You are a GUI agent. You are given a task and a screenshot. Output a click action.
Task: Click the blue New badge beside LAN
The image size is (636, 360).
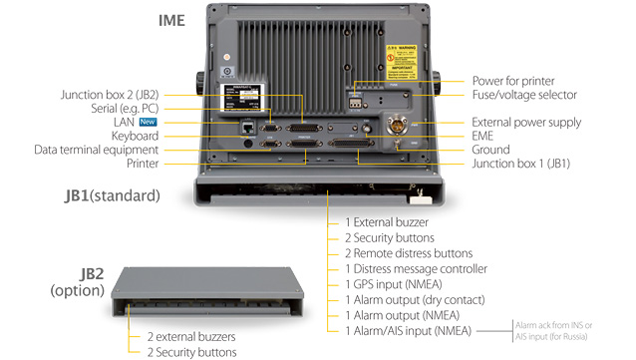coord(148,122)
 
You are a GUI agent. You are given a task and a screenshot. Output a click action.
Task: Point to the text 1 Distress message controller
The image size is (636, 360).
coord(416,268)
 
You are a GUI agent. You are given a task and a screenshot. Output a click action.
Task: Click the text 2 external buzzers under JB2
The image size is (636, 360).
coord(191,336)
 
